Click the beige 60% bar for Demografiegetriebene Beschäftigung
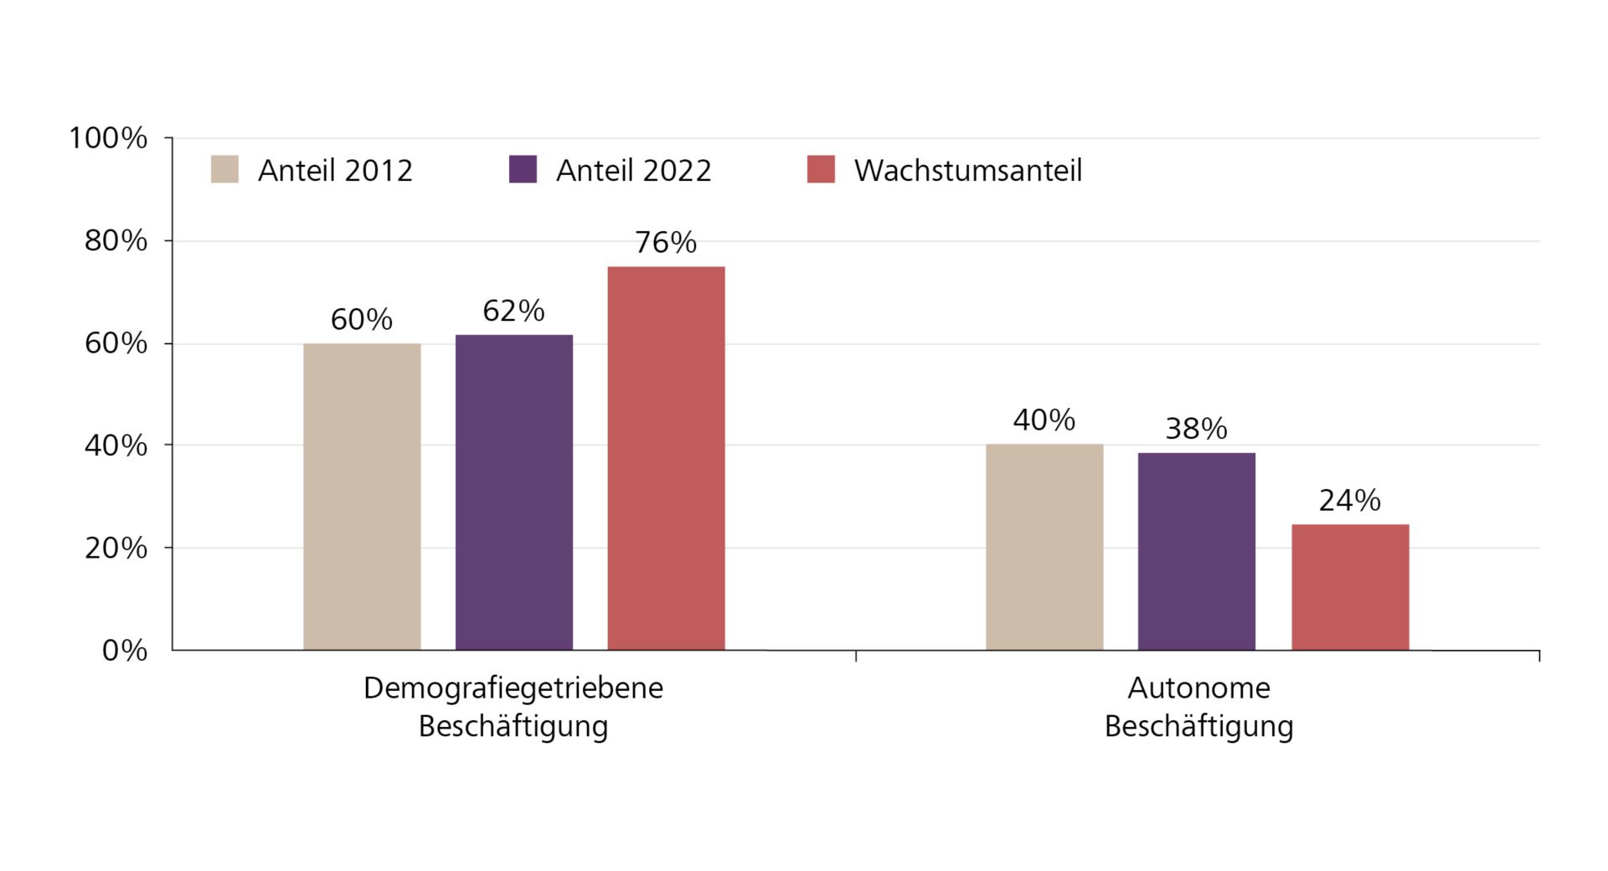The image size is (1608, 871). (x=362, y=497)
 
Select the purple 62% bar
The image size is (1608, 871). (x=514, y=492)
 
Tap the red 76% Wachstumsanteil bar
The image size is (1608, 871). (x=666, y=458)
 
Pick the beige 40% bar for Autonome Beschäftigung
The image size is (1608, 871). (x=1044, y=547)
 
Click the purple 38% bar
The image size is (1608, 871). (x=1196, y=551)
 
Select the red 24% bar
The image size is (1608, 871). (x=1350, y=587)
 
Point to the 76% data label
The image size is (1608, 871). (x=666, y=243)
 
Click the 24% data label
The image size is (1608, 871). (x=1349, y=501)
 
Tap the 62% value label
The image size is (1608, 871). (x=513, y=311)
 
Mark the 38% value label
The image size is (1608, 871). (x=1196, y=429)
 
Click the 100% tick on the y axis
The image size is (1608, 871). (x=108, y=138)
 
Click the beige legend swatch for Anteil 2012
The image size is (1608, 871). (x=224, y=169)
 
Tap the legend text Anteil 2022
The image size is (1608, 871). (x=633, y=171)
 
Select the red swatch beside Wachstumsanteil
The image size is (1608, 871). (x=821, y=169)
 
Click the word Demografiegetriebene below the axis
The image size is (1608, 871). (x=513, y=688)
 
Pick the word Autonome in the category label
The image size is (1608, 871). (x=1198, y=688)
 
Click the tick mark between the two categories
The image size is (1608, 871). (x=856, y=655)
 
